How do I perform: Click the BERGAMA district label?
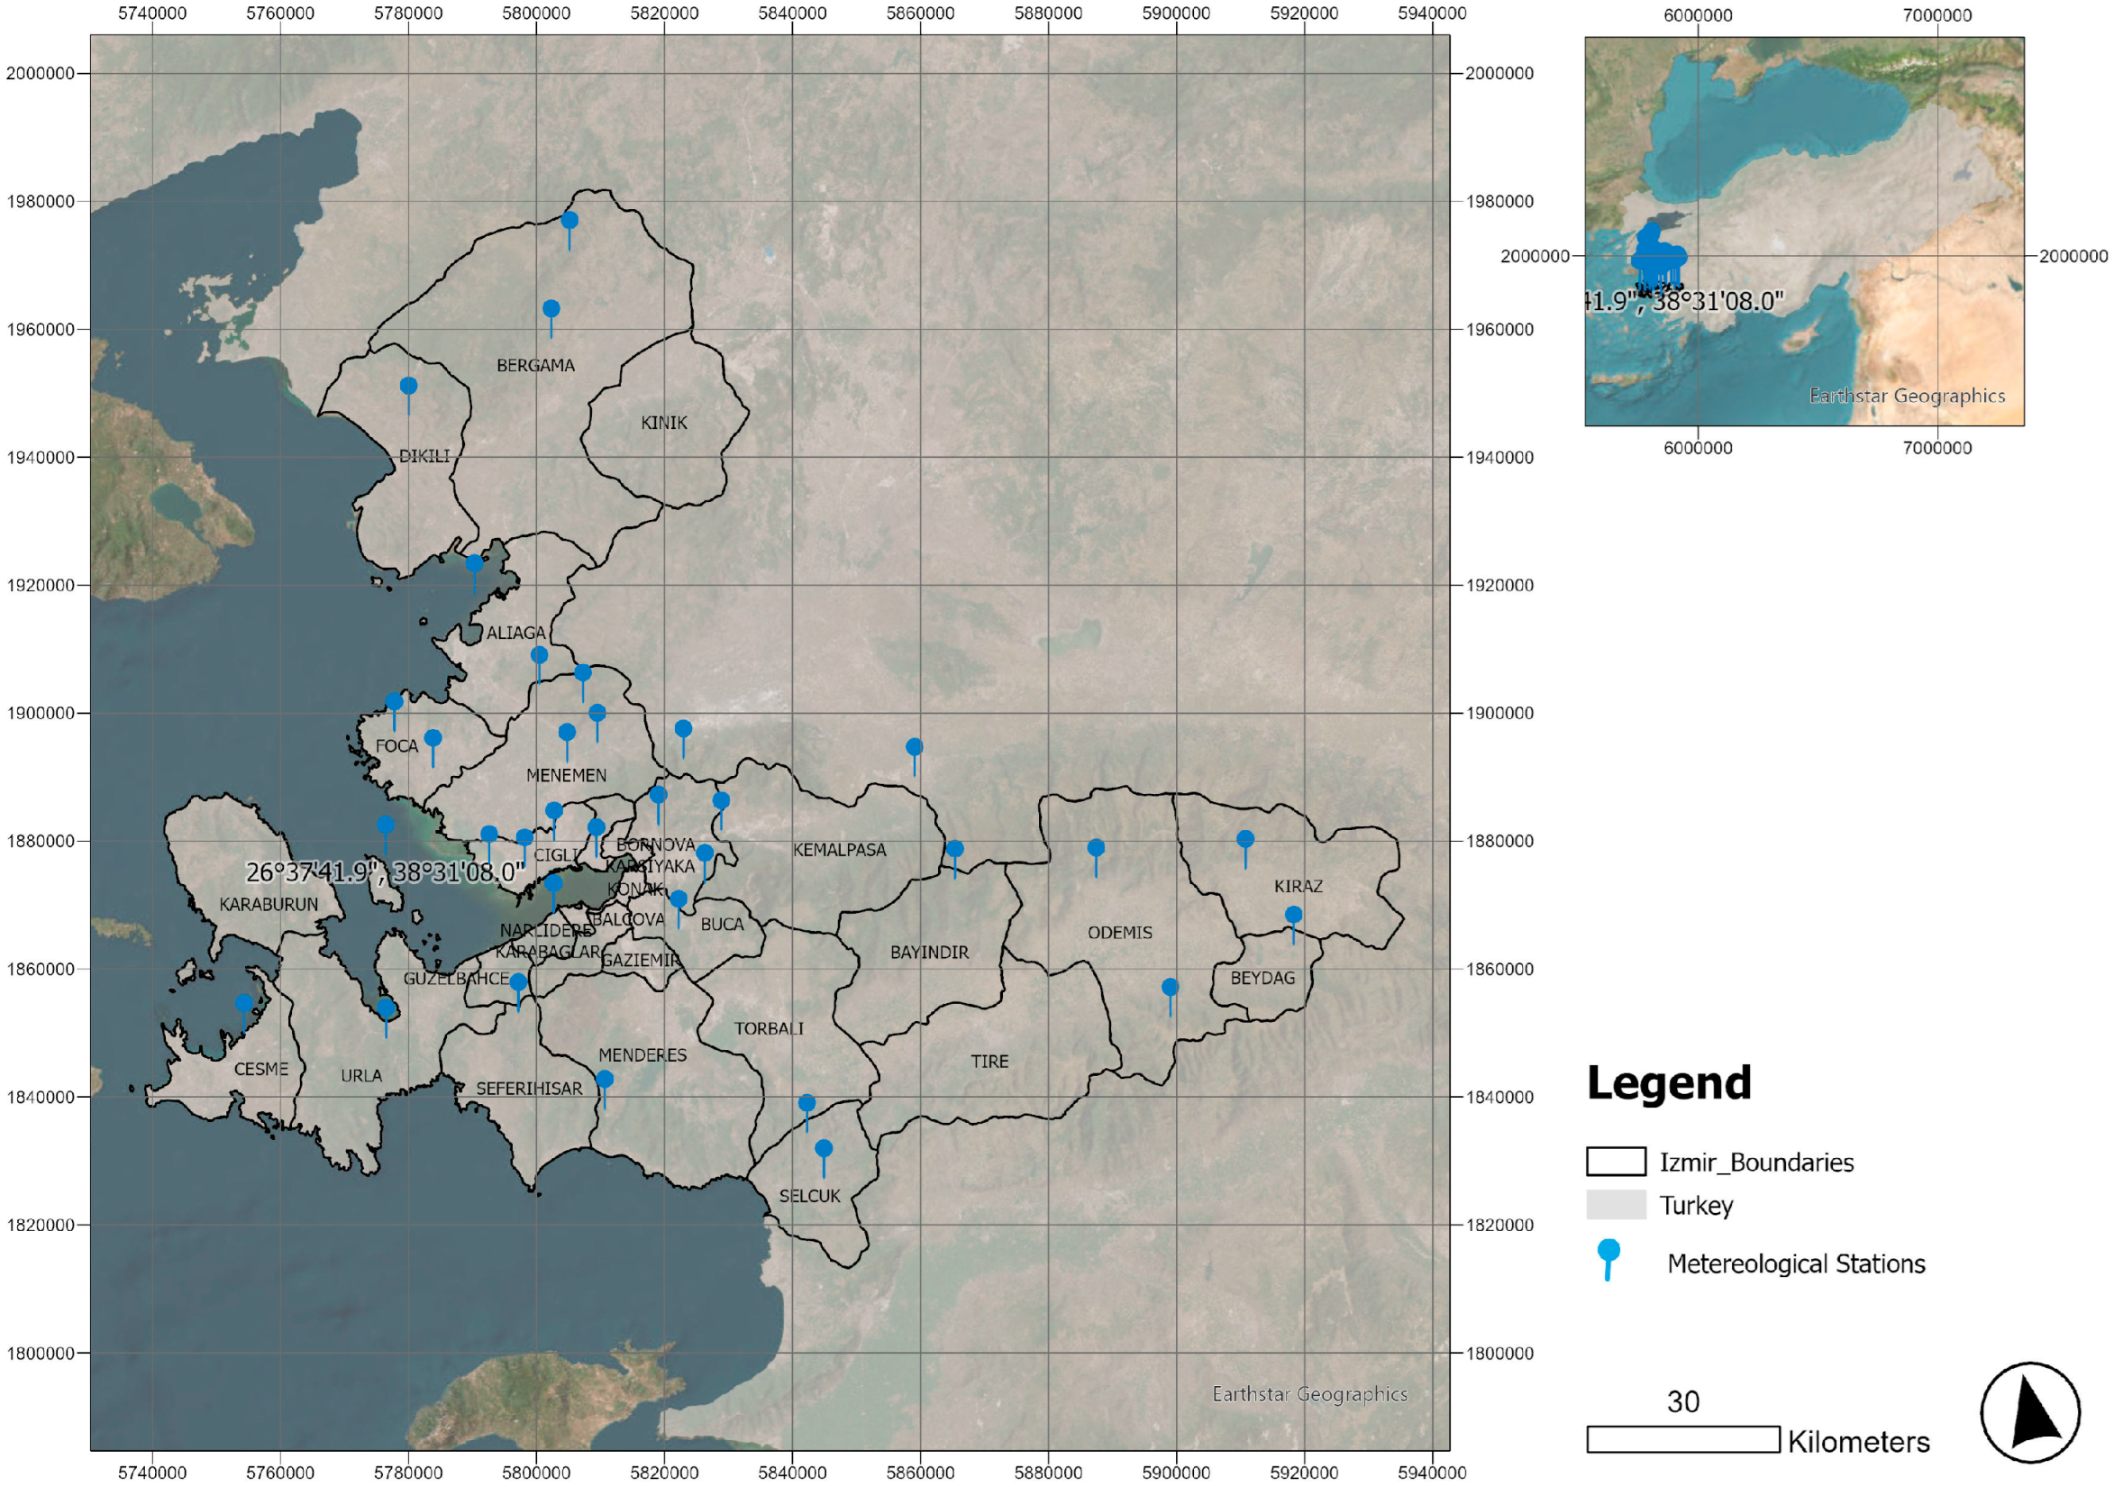point(535,366)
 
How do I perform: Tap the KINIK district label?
point(664,423)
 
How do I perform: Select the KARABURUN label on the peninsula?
point(268,904)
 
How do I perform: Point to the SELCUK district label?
point(809,1196)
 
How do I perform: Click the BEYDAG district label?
point(1262,978)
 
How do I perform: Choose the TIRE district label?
point(989,1062)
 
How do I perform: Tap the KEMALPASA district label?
point(839,850)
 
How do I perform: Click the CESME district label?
point(260,1069)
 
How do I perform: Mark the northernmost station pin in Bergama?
point(569,221)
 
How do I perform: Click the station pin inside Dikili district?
point(408,386)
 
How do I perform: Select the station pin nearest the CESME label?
point(244,1003)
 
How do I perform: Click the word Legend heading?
point(1668,1082)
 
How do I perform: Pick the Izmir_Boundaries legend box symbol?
point(1616,1161)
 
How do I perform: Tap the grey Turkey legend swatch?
point(1616,1204)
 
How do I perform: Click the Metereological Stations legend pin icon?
point(1608,1257)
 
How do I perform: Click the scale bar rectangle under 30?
point(1683,1439)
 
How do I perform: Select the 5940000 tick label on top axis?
point(1432,14)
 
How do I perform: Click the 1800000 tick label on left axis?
point(41,1354)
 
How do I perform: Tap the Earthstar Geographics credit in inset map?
point(1907,396)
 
